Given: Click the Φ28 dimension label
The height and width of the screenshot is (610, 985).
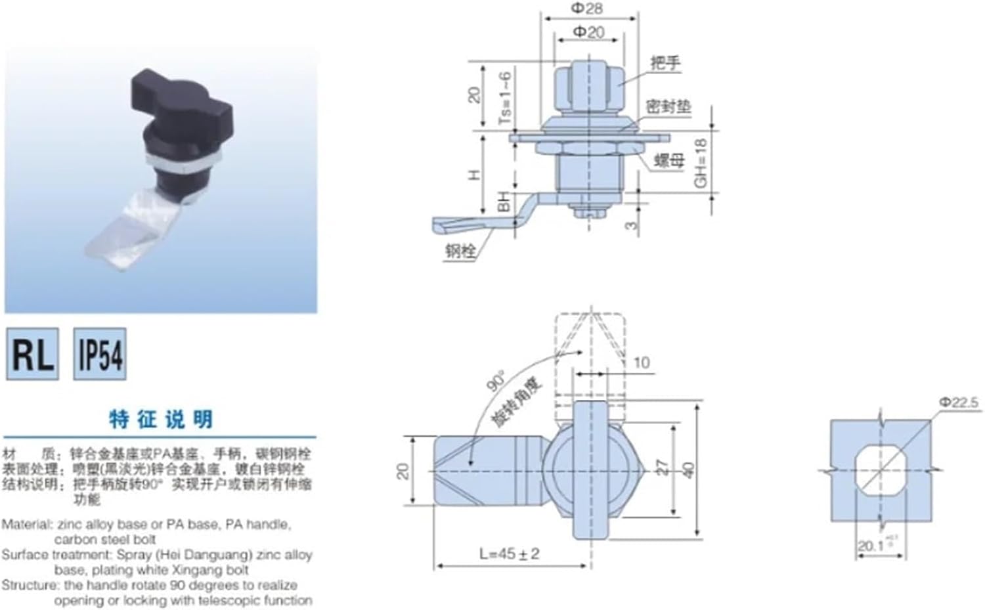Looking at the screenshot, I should (586, 9).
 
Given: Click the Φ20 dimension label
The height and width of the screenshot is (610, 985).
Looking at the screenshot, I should (588, 32).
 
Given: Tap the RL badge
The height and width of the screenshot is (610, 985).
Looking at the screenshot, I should (32, 355).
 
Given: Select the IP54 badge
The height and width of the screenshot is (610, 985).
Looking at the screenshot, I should (100, 355).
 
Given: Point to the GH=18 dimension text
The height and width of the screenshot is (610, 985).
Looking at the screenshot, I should (700, 163).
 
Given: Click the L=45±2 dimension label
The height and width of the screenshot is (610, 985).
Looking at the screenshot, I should (509, 554).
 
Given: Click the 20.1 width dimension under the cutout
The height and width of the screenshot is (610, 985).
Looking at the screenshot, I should (871, 546).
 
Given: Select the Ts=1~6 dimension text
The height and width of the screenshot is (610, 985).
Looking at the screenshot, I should (504, 98).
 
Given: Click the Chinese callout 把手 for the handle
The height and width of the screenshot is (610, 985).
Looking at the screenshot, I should (665, 63).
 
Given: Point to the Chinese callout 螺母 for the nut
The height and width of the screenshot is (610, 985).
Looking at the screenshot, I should (669, 160).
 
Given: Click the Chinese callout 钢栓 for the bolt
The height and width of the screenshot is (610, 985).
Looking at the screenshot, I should (460, 251).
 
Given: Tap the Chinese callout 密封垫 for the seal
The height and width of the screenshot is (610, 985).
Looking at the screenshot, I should (668, 106).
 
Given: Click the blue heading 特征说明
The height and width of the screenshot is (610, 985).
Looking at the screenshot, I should (161, 419).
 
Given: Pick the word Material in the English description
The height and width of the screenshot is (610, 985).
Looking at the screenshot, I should (26, 525).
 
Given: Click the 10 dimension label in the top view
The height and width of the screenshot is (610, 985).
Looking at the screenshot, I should (642, 362).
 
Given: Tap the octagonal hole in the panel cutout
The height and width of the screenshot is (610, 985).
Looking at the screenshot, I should (881, 470).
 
